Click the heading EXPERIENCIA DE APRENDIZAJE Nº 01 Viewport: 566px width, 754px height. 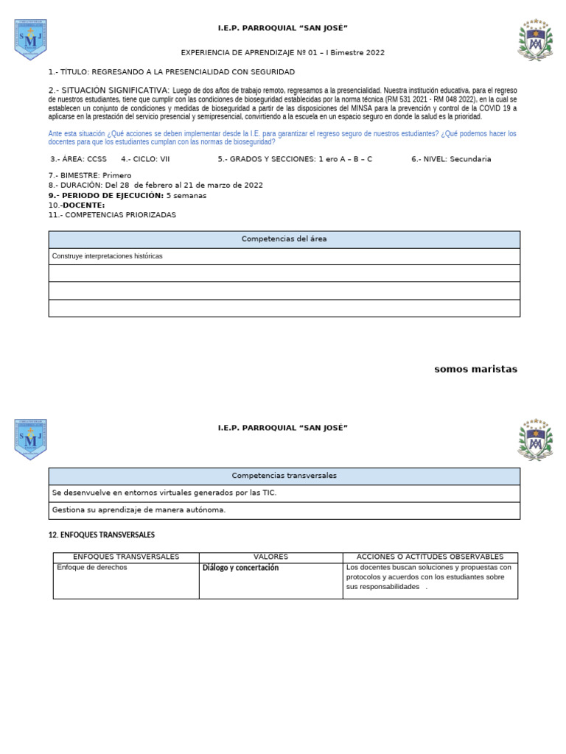pyautogui.click(x=282, y=53)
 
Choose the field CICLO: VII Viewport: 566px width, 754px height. pyautogui.click(x=145, y=159)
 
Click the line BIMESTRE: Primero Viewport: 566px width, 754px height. pyautogui.click(x=90, y=176)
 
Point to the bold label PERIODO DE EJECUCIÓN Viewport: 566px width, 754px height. pyautogui.click(x=106, y=196)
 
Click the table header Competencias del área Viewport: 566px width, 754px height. pyautogui.click(x=284, y=239)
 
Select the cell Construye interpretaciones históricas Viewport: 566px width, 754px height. pyautogui.click(x=108, y=256)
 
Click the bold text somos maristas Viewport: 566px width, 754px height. pyautogui.click(x=475, y=370)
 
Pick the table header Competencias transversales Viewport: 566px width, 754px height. pyautogui.click(x=284, y=476)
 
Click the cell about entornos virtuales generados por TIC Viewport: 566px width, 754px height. pyautogui.click(x=164, y=493)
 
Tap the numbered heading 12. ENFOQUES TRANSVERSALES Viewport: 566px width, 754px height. pyautogui.click(x=102, y=535)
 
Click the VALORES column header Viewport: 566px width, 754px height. pyautogui.click(x=270, y=557)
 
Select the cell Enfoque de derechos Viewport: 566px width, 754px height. pyautogui.click(x=91, y=568)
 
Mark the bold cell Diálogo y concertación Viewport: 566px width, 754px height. pyautogui.click(x=240, y=568)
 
